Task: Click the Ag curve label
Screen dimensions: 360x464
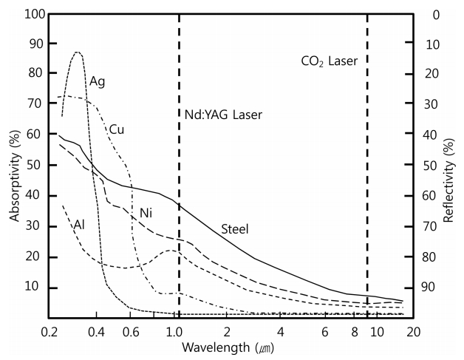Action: [x=98, y=81]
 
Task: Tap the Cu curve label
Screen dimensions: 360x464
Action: [x=117, y=129]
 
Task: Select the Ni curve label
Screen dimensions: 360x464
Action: [x=146, y=214]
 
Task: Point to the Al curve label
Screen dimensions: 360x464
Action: [x=79, y=223]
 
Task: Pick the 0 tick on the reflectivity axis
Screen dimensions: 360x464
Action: [x=436, y=14]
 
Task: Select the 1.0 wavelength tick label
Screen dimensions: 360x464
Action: [x=174, y=331]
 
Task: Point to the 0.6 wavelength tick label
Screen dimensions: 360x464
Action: [x=130, y=331]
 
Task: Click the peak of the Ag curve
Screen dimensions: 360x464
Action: [x=78, y=52]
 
